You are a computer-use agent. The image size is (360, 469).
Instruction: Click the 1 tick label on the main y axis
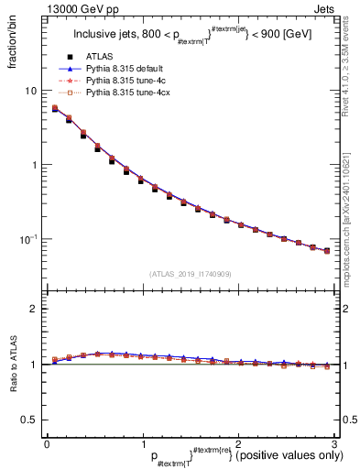36,165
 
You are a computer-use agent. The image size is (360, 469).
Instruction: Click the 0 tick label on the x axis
47,442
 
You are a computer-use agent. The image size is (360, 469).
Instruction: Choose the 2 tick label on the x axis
238,442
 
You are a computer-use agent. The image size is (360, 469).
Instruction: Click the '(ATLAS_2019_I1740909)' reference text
191,274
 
